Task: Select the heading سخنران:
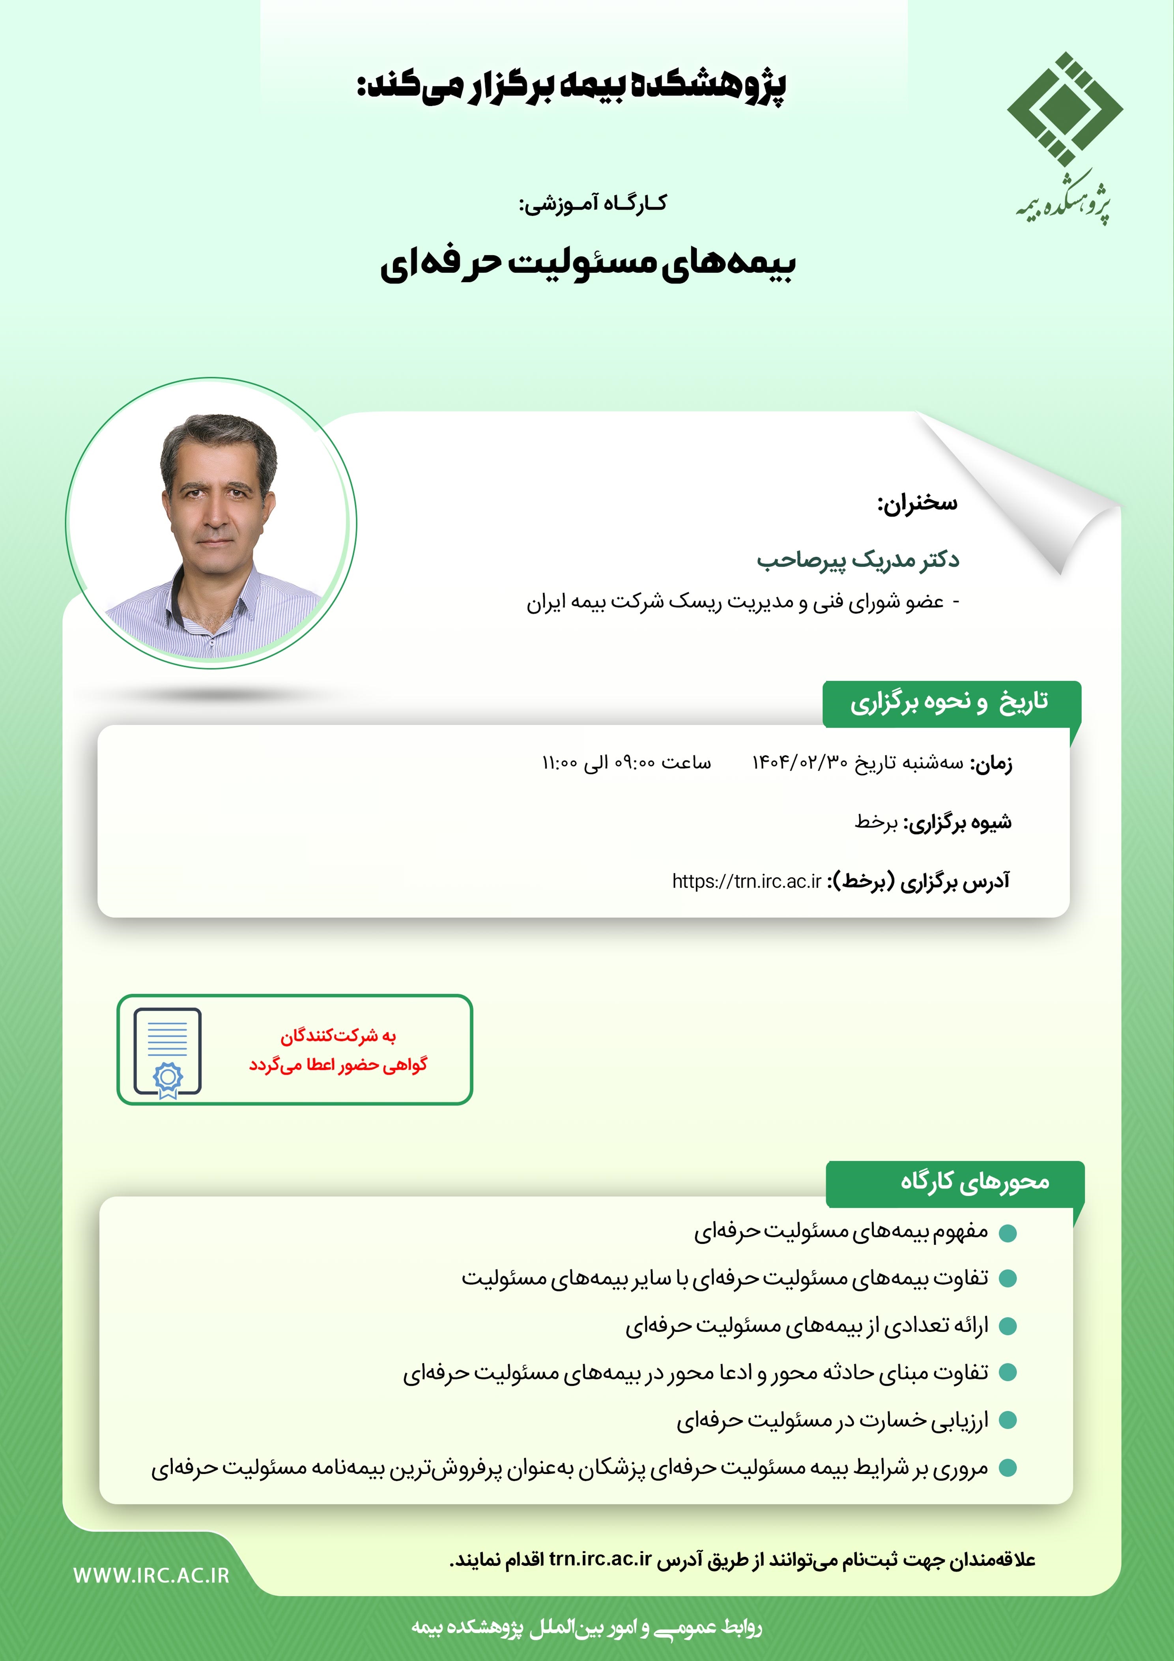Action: click(x=917, y=502)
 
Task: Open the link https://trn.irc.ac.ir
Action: click(x=746, y=881)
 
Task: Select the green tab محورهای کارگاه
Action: click(x=974, y=1181)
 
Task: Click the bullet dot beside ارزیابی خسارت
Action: click(x=1008, y=1421)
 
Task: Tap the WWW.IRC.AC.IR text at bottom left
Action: click(x=151, y=1576)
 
